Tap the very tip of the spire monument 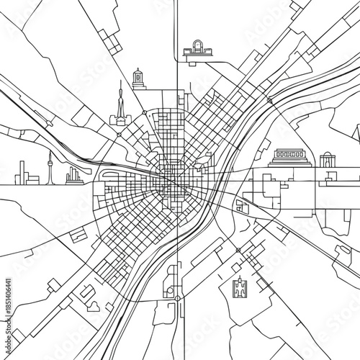coord(120,81)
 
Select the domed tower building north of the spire coord(138,79)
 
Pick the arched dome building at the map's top coord(197,48)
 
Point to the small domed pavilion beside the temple coord(328,160)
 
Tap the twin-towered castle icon coord(240,288)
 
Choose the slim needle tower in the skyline coord(50,167)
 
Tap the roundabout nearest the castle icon coord(238,250)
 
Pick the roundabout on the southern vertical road coord(177,297)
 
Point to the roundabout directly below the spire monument coord(120,133)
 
